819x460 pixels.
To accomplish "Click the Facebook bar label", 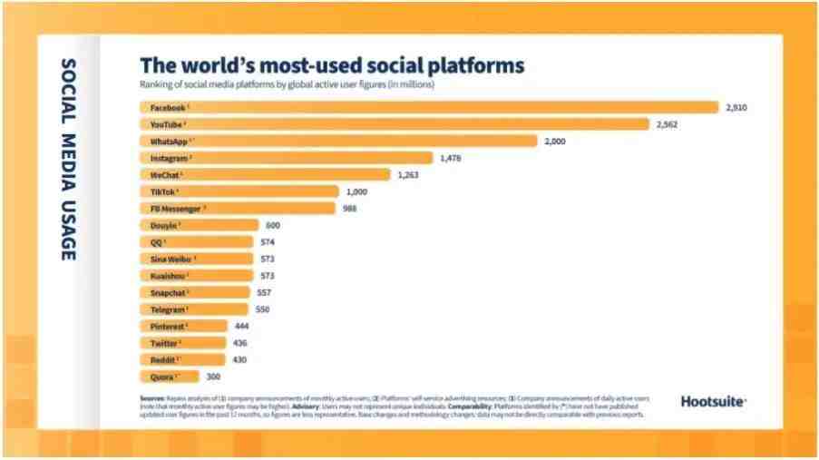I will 168,107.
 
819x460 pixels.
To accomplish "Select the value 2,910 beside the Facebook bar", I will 736,107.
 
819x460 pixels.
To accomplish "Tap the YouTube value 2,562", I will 667,124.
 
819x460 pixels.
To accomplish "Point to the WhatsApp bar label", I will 170,141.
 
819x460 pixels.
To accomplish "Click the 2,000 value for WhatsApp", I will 554,141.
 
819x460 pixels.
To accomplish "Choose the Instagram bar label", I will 170,158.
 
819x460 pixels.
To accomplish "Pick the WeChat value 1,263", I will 407,174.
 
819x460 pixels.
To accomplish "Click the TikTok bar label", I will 163,191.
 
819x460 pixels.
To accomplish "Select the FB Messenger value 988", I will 349,208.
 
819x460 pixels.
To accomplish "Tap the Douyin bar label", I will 164,225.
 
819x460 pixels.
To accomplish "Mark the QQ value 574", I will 267,242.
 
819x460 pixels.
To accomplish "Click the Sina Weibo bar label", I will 170,259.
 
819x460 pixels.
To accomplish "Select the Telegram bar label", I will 168,309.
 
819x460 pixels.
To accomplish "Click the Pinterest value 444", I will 241,326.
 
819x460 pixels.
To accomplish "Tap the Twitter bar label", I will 165,343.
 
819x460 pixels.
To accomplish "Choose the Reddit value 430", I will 239,359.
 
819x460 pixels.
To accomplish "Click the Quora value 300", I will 212,376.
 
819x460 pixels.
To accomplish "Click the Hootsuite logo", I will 713,401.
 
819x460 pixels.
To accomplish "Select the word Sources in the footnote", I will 151,398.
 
